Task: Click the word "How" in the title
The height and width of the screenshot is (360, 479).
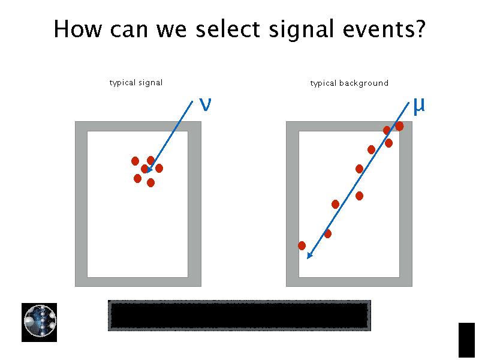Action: pos(76,29)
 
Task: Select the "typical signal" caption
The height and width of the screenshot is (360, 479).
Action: pos(136,82)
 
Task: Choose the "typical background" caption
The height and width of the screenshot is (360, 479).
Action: pos(349,83)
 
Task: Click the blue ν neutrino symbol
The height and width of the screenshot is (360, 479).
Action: pos(204,104)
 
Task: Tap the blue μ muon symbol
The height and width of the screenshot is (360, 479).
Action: pos(418,105)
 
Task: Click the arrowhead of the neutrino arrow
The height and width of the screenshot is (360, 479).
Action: pos(148,171)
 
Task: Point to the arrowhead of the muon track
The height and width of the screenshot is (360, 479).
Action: pos(308,257)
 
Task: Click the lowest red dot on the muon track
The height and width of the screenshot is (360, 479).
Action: pos(302,245)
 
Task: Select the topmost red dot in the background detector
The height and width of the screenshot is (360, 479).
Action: pos(399,126)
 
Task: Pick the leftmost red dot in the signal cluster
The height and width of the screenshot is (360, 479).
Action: pos(135,161)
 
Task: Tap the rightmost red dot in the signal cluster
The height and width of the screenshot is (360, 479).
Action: pos(159,169)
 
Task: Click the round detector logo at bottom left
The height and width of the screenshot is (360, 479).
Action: pos(40,322)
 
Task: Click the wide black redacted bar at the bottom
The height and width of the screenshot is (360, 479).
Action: pos(239,316)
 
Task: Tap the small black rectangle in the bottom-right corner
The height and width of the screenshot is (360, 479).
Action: pos(466,340)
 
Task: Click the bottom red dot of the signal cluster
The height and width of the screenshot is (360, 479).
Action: pos(150,182)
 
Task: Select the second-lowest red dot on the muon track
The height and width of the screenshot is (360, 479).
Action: pos(327,233)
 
